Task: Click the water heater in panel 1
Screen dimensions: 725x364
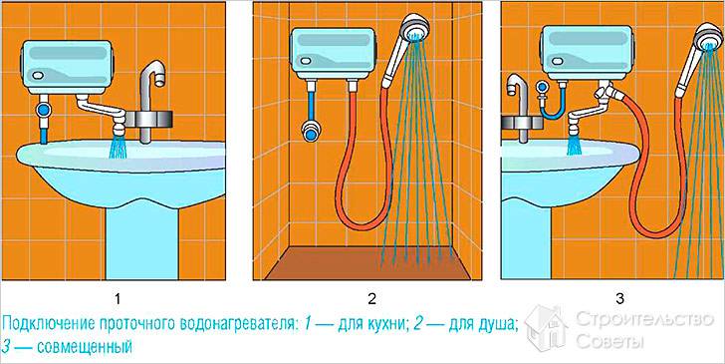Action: point(67,67)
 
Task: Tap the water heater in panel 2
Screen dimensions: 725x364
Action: point(332,53)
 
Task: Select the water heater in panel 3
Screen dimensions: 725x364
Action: point(587,52)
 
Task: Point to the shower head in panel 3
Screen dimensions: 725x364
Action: point(708,36)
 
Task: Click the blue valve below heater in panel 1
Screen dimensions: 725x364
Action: point(45,110)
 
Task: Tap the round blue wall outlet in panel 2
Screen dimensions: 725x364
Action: point(311,132)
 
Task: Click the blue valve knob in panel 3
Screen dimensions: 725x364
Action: point(543,88)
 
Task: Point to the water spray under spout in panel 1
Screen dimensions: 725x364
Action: point(119,147)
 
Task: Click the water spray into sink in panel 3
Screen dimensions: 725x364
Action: point(575,145)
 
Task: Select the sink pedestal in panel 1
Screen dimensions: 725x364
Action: point(142,243)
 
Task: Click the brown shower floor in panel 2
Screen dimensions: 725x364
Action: point(367,263)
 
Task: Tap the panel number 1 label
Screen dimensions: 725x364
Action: point(118,299)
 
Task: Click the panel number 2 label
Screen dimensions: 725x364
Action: point(371,299)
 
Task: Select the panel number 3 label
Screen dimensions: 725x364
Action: point(620,299)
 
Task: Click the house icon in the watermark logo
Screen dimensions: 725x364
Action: point(547,327)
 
